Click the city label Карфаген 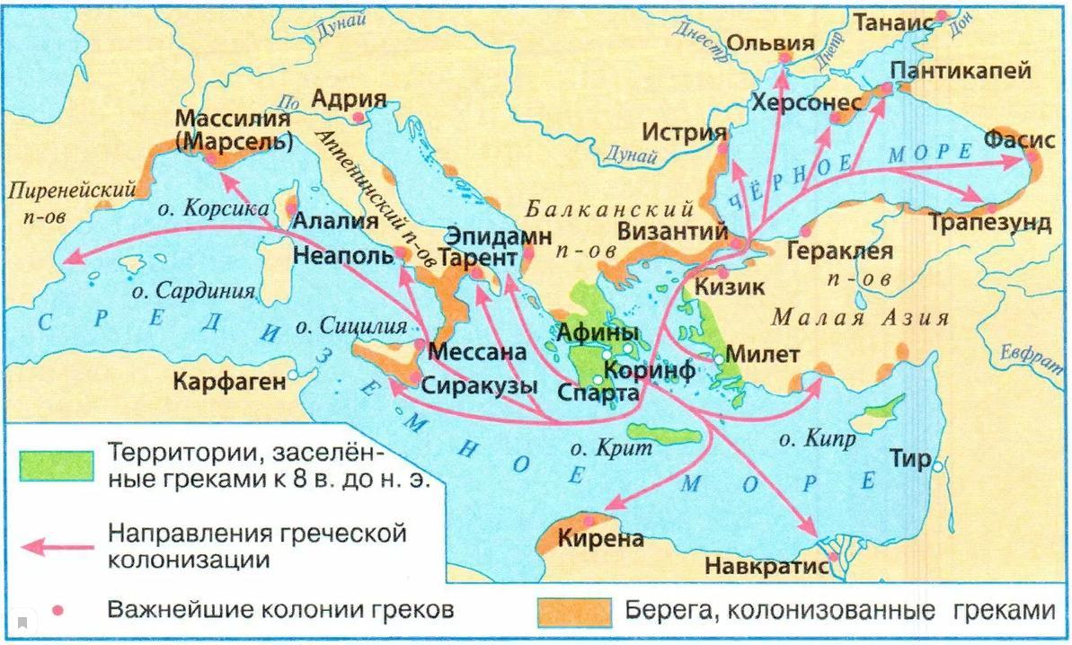231,381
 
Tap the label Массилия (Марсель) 234,130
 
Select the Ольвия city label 769,43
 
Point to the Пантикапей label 960,71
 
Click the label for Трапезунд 990,223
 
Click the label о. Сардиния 192,291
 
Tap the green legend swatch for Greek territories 57,464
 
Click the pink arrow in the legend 57,544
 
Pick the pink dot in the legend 57,611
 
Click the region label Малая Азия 860,318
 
